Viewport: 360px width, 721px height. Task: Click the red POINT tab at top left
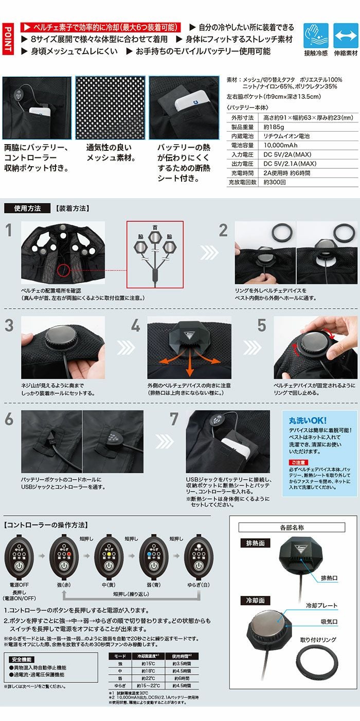(8, 39)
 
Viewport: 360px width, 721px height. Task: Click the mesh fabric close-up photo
(110, 108)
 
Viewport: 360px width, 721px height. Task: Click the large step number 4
(135, 326)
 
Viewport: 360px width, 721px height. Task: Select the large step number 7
(175, 420)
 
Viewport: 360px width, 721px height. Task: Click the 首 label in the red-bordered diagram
(155, 227)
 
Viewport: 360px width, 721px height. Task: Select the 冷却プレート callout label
(321, 606)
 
